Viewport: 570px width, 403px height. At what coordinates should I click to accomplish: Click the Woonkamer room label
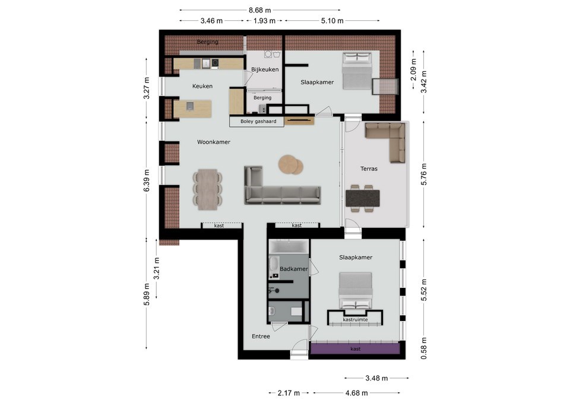pos(213,142)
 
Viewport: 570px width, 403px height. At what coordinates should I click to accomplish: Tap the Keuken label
pos(202,86)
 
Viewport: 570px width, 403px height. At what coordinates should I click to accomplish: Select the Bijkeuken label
pos(265,69)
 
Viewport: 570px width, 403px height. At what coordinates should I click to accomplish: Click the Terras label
pos(369,169)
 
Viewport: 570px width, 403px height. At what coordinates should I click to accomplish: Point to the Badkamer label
pos(294,269)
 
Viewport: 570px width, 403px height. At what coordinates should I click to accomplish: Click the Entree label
pos(261,337)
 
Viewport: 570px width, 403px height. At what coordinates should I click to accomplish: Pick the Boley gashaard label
pos(258,121)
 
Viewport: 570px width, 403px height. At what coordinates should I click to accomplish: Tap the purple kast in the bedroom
pos(355,348)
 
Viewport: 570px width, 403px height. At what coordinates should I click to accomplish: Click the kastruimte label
pos(355,320)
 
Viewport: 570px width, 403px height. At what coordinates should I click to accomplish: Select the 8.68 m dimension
pos(259,10)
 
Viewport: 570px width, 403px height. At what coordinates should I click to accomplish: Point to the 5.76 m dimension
pos(424,174)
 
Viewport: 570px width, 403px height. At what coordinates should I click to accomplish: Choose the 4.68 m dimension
pos(356,393)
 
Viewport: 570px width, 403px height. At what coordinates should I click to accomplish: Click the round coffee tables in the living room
pos(291,164)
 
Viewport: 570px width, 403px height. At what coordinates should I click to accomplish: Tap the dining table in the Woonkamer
pos(208,189)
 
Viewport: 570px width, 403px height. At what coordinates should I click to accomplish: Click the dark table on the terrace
pos(363,198)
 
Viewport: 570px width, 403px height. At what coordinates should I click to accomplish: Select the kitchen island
pos(192,109)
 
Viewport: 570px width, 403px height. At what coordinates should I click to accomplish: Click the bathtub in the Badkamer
pos(289,246)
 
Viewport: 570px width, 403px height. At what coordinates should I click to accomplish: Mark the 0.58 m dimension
pos(424,348)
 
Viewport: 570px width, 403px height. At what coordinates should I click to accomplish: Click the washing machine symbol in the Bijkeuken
pos(268,54)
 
